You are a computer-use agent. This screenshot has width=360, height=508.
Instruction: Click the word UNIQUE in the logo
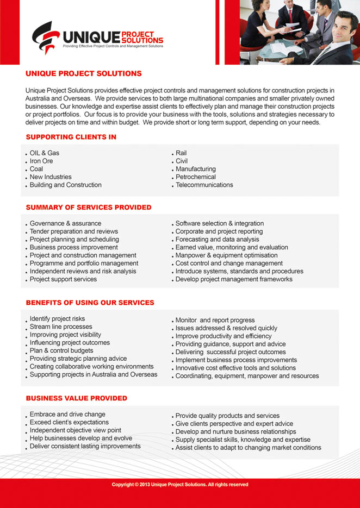coord(91,37)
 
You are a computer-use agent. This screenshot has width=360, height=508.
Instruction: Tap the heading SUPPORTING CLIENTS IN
coord(71,137)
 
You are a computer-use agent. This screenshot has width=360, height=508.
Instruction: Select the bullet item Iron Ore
coord(41,161)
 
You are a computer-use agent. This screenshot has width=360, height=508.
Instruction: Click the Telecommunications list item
coord(204,185)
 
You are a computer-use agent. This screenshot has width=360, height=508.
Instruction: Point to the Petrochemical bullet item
coord(195,177)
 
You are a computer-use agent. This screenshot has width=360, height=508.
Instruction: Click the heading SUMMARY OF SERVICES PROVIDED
coord(89,207)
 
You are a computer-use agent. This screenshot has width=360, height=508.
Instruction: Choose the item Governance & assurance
coord(65,223)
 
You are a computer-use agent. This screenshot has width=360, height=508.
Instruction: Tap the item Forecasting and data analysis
coord(217,239)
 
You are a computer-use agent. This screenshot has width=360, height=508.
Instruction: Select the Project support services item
coord(63,279)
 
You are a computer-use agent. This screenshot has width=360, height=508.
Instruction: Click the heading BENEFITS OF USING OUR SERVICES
coord(90,302)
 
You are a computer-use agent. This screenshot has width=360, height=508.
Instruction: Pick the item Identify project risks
coord(57,318)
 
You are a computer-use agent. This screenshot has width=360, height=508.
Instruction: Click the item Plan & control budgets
coord(61,350)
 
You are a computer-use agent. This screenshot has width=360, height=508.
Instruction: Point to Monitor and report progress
coord(215,320)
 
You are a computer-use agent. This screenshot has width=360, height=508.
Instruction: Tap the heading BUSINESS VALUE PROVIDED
coord(76,398)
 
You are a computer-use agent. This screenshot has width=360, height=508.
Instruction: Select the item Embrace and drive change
coord(67,414)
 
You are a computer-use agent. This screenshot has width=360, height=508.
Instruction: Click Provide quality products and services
coord(227,416)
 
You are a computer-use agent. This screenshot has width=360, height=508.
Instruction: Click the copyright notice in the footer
coord(180,484)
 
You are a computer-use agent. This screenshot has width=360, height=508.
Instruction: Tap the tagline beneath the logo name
coord(113,47)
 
